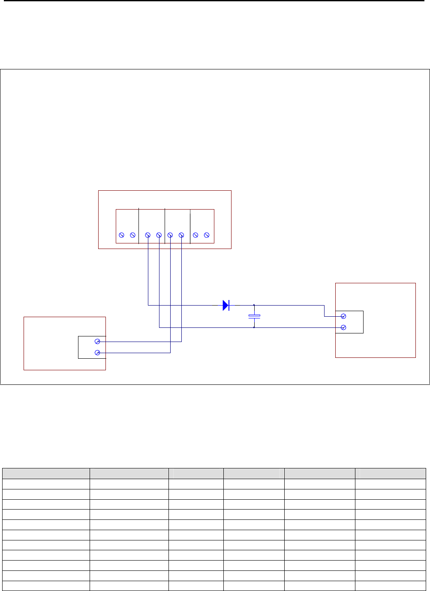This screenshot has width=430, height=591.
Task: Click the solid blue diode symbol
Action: (x=226, y=305)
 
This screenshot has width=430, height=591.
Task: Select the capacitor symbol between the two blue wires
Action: (x=254, y=316)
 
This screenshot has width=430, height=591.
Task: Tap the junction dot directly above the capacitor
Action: (x=254, y=305)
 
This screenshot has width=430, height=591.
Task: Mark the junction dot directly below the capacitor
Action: (x=254, y=327)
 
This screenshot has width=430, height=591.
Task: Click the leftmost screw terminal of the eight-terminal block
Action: (x=121, y=235)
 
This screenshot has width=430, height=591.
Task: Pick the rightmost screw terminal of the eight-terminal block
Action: (x=207, y=235)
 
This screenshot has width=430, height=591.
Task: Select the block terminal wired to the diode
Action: (x=148, y=235)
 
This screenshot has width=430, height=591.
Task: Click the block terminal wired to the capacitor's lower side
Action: (x=159, y=235)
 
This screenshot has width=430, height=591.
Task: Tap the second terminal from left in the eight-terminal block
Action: (x=132, y=235)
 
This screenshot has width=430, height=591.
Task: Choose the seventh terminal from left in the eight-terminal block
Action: (x=195, y=235)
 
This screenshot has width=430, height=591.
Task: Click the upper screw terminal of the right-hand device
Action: (x=343, y=316)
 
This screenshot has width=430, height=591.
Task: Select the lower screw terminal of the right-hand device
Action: (x=343, y=327)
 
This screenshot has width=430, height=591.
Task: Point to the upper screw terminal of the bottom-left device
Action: (x=97, y=342)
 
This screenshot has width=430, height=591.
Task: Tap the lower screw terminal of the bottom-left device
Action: (x=97, y=353)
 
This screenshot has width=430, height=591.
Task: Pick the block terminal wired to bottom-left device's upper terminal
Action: (x=181, y=235)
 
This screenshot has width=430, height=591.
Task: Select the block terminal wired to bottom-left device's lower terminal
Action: (x=170, y=235)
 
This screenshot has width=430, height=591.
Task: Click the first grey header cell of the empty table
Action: (x=46, y=474)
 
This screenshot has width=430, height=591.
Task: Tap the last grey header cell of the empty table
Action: (x=390, y=474)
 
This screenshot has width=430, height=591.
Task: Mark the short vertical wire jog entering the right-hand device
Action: (x=325, y=311)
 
